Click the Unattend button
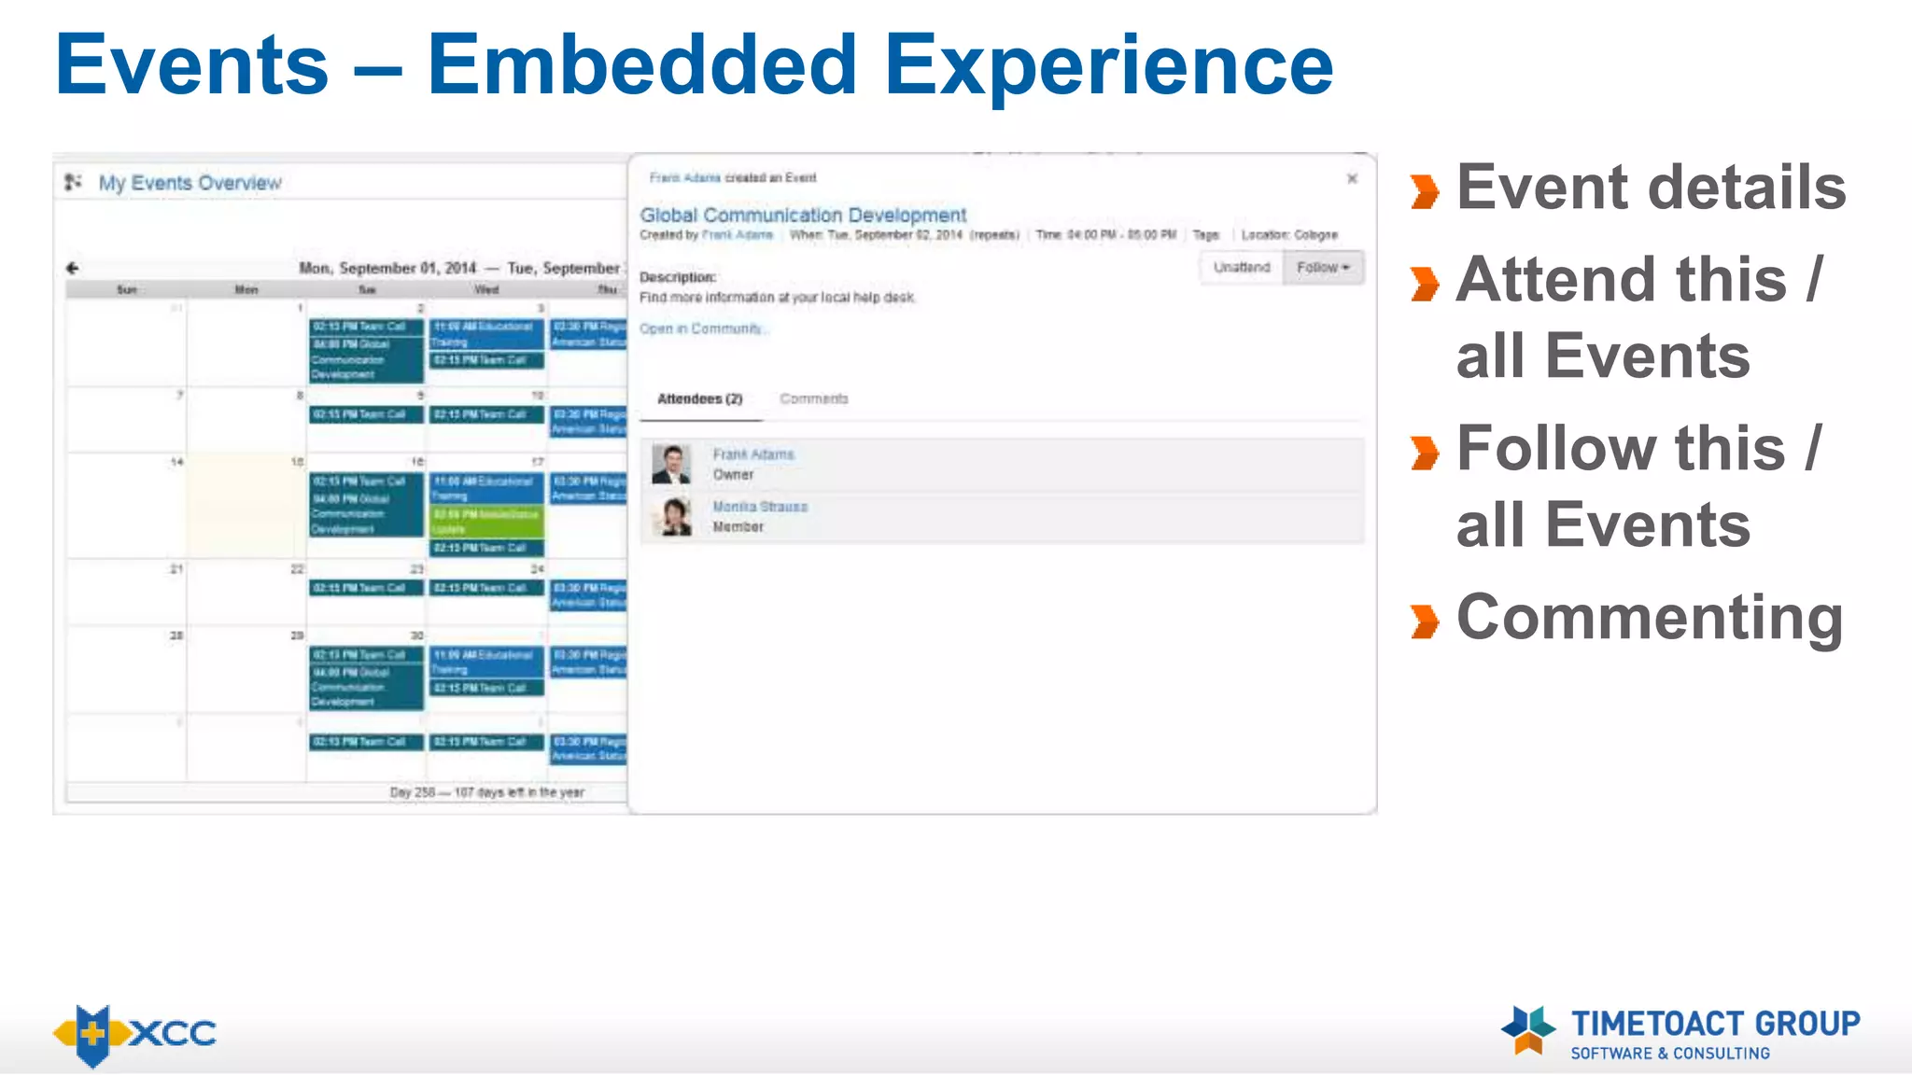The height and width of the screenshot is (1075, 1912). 1241,268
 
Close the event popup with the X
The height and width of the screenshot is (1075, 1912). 1352,178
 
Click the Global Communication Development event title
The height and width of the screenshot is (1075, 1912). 803,215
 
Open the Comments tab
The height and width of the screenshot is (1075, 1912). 813,399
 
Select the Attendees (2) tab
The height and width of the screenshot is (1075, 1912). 699,399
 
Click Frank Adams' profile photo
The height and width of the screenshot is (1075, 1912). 671,464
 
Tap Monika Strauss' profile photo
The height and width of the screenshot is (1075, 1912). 671,516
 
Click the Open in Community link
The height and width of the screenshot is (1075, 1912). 701,328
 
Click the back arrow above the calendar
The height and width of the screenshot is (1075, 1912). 73,268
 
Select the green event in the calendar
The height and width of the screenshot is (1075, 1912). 485,521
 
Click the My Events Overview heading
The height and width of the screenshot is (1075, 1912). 190,183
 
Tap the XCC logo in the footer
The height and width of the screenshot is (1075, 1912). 135,1034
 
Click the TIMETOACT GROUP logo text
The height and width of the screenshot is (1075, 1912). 1715,1024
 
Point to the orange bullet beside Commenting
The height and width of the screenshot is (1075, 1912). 1425,621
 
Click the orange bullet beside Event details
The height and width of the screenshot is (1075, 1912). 1425,191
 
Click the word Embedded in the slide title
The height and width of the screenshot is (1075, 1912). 641,65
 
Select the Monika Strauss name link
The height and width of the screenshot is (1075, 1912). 760,507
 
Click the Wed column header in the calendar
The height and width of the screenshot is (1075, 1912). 486,289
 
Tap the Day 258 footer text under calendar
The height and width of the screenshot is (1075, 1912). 486,792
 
